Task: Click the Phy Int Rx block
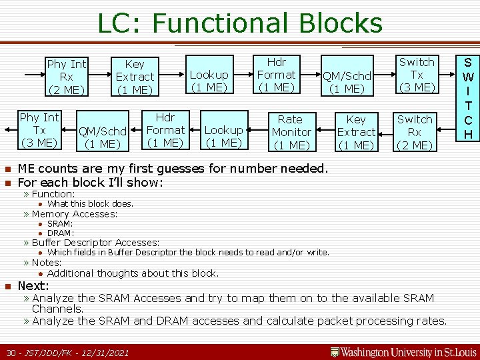click(66, 77)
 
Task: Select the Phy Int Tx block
click(39, 130)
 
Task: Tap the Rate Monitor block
click(289, 132)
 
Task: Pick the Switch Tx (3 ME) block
click(416, 75)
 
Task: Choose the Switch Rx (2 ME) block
click(414, 132)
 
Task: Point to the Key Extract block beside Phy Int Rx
click(135, 77)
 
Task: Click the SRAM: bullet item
click(60, 224)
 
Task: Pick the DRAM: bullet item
click(61, 233)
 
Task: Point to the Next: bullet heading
click(33, 286)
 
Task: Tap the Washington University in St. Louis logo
click(404, 351)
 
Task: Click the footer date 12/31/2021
click(103, 352)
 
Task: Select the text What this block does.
click(91, 204)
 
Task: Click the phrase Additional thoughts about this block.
click(133, 273)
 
